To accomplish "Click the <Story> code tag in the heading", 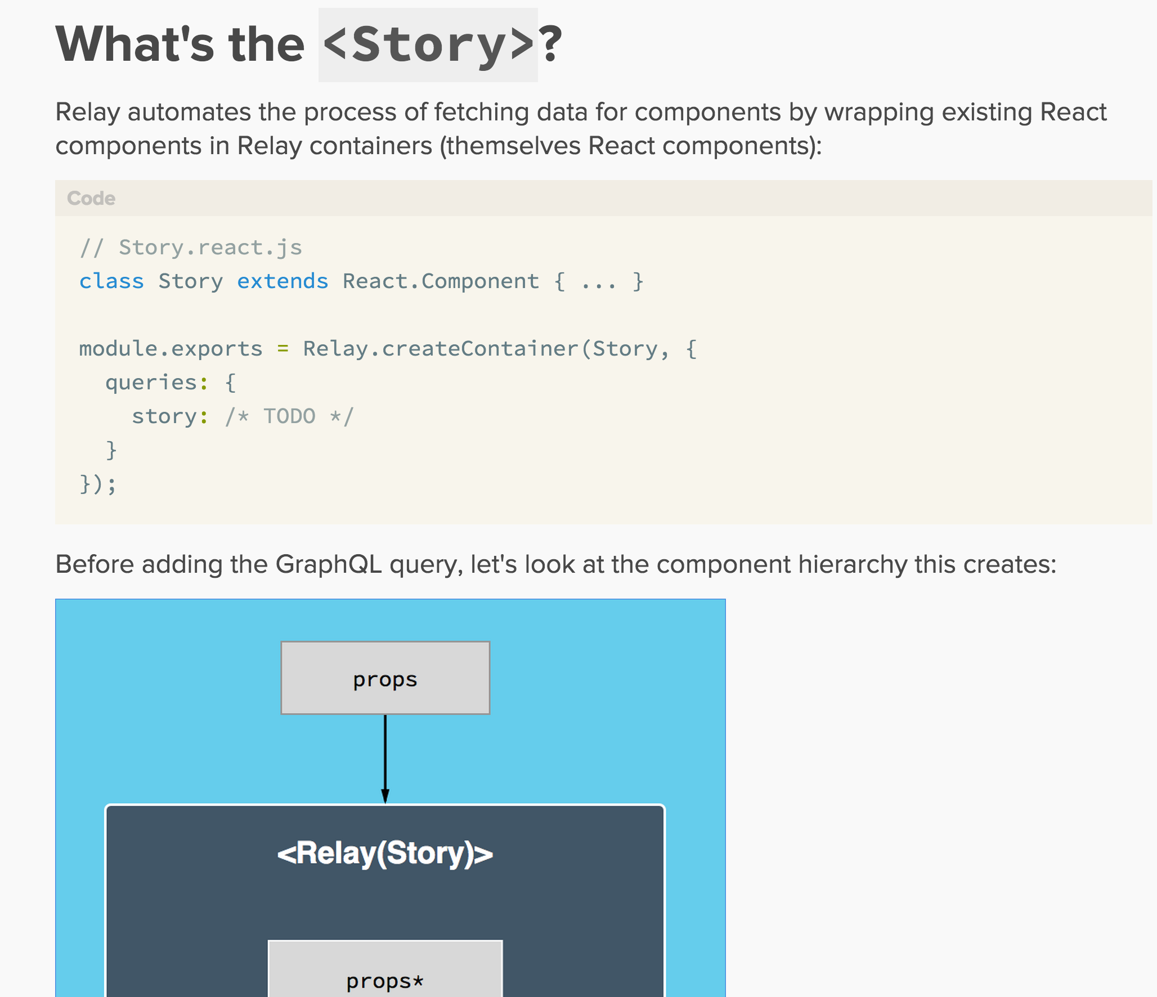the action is click(428, 45).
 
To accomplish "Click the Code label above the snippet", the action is click(91, 198).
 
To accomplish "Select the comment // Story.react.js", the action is click(191, 248).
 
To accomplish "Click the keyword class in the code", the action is click(111, 281).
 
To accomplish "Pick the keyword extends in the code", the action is click(282, 281).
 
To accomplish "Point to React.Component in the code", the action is click(441, 281).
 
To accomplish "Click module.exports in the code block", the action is click(171, 349).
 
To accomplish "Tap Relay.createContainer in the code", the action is click(441, 348).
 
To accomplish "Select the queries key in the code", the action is click(151, 383).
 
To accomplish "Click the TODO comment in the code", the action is click(289, 416).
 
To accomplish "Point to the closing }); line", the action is click(98, 484).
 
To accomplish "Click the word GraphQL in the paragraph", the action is click(329, 564).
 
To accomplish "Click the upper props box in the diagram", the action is click(385, 678).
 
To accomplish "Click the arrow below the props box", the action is click(385, 759).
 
